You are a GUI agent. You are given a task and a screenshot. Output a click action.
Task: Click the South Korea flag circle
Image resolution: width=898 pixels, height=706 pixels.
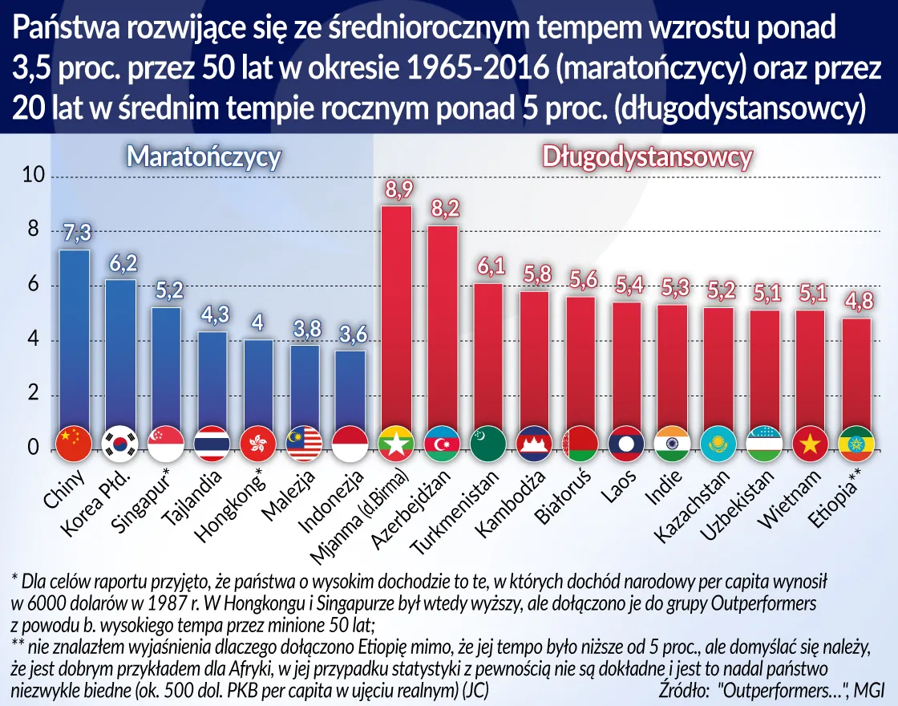(119, 442)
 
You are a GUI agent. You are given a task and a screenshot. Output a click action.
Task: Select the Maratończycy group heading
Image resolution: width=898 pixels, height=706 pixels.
(204, 156)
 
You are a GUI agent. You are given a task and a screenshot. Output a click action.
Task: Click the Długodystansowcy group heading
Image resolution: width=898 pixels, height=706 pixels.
(647, 156)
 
